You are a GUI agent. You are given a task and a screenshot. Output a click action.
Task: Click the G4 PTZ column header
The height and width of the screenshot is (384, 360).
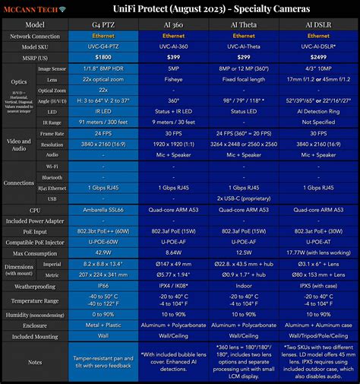103,24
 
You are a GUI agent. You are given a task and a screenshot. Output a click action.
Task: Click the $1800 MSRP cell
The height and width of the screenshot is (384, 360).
103,57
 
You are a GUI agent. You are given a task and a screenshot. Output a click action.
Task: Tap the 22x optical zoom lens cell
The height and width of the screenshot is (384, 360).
103,78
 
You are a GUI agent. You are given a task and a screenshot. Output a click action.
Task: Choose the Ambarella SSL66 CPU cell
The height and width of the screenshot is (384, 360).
103,209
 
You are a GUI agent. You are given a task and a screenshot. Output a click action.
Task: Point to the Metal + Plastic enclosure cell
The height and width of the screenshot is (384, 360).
103,323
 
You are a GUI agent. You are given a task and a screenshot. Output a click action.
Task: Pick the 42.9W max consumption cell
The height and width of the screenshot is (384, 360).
103,252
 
